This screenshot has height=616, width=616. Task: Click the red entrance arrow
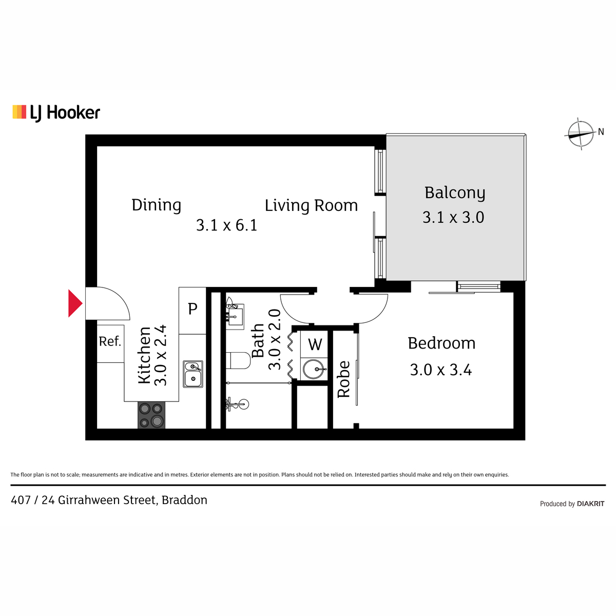click(x=75, y=303)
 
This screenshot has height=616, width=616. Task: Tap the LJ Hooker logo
click(x=56, y=113)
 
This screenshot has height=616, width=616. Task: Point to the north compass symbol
click(x=580, y=133)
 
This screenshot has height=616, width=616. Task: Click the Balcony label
click(x=455, y=193)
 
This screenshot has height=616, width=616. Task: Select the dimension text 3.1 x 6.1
click(x=226, y=225)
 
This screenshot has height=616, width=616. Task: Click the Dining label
click(x=157, y=205)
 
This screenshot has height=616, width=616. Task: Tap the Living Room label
click(x=311, y=205)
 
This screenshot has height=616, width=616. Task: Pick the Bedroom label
click(x=441, y=343)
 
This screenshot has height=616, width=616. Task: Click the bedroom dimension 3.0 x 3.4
click(x=441, y=370)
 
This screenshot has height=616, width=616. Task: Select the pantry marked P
click(x=192, y=311)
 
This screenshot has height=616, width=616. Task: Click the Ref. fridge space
click(x=110, y=343)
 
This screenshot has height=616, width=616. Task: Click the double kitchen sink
click(x=193, y=374)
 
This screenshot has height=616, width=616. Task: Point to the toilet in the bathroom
click(x=238, y=360)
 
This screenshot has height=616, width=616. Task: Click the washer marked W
click(x=315, y=344)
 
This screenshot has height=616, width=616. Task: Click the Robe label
click(x=344, y=379)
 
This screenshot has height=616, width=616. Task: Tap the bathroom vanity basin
click(x=235, y=317)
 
